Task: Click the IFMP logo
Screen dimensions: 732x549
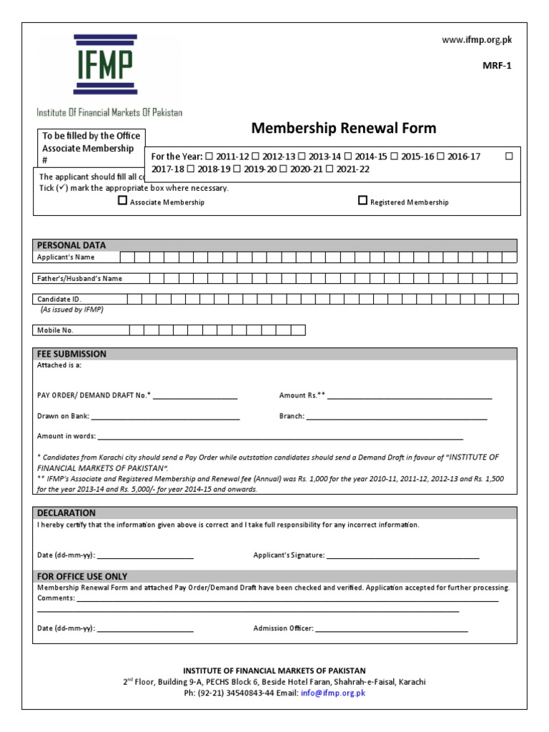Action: click(x=105, y=64)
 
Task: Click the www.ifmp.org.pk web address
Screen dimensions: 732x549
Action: click(x=477, y=40)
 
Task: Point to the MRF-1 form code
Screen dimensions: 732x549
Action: click(x=498, y=65)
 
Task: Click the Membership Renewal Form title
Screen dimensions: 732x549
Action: click(x=343, y=129)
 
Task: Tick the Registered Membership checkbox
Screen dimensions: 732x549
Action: click(x=362, y=202)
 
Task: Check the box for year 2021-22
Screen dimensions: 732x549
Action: click(x=330, y=169)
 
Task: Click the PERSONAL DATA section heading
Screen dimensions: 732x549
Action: click(x=71, y=245)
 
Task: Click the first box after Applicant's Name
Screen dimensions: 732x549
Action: click(x=127, y=257)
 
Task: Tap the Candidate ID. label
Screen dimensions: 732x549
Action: click(x=59, y=300)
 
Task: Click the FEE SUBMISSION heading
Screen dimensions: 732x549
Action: click(x=71, y=354)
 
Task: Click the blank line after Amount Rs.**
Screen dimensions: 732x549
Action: click(x=410, y=396)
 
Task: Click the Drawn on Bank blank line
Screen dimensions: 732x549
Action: click(x=165, y=417)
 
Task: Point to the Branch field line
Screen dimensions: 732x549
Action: click(x=397, y=417)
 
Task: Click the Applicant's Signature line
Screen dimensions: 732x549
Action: click(x=403, y=556)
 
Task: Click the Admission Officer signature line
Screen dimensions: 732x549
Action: click(x=392, y=630)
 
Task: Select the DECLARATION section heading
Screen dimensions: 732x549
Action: click(x=66, y=513)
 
